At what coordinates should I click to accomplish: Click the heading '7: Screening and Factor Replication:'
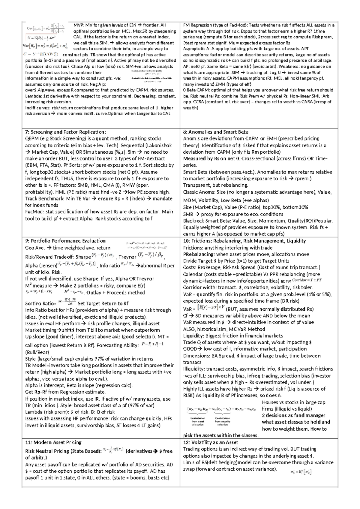(x=65, y=132)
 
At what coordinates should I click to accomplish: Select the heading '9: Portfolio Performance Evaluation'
(x=65, y=241)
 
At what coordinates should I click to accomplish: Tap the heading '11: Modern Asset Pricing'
(x=53, y=442)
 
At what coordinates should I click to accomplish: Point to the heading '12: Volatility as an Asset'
(x=210, y=442)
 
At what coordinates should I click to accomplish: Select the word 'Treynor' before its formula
(x=127, y=257)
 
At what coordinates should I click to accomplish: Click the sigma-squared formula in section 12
(x=301, y=472)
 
